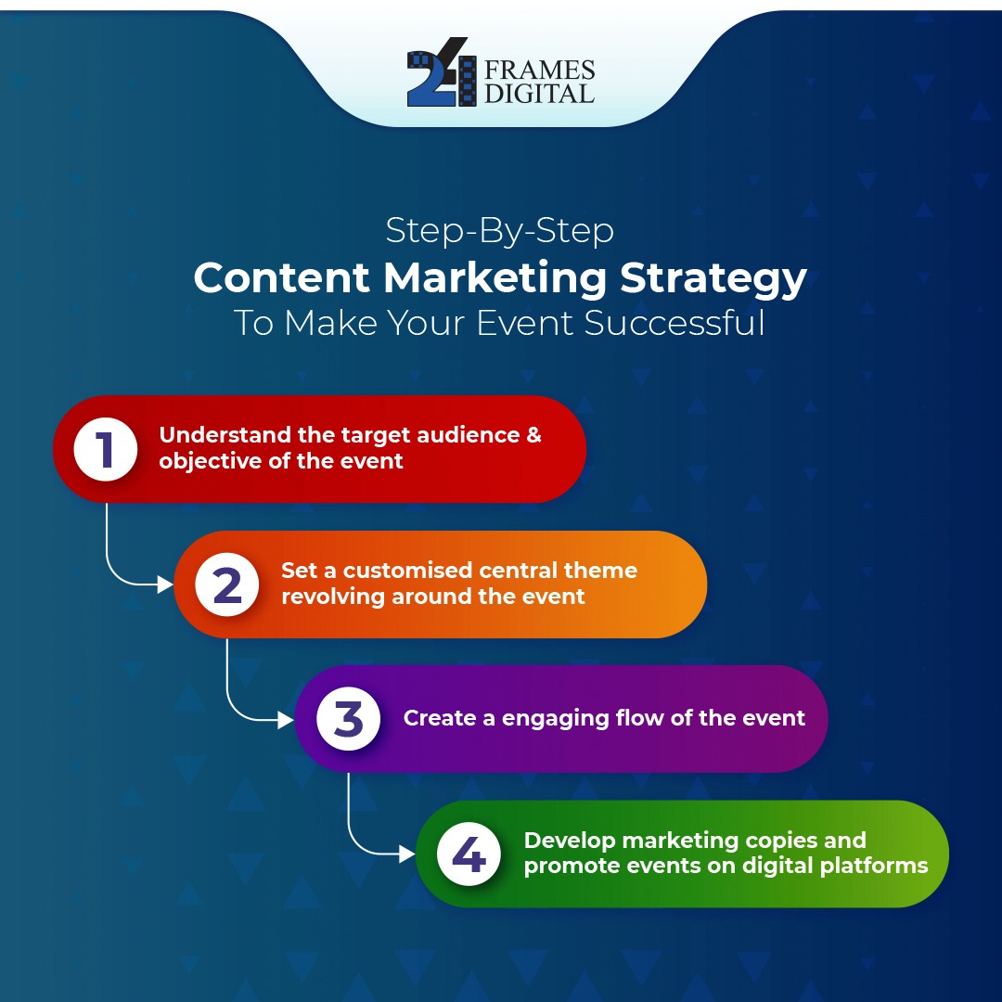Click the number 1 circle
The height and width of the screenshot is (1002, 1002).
[x=106, y=449]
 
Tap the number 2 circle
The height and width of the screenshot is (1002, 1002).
[x=227, y=584]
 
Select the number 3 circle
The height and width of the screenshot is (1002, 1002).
[x=348, y=719]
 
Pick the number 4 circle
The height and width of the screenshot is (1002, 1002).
[x=469, y=854]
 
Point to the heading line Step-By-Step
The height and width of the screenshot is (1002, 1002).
[x=500, y=230]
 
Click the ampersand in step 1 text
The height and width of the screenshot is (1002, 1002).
[x=533, y=434]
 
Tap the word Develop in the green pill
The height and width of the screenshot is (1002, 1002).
[x=570, y=840]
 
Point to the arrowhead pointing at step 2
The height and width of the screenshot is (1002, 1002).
[x=166, y=584]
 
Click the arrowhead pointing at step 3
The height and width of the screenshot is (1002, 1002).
[x=286, y=720]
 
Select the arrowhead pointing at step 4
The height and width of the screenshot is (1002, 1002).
[x=407, y=854]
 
